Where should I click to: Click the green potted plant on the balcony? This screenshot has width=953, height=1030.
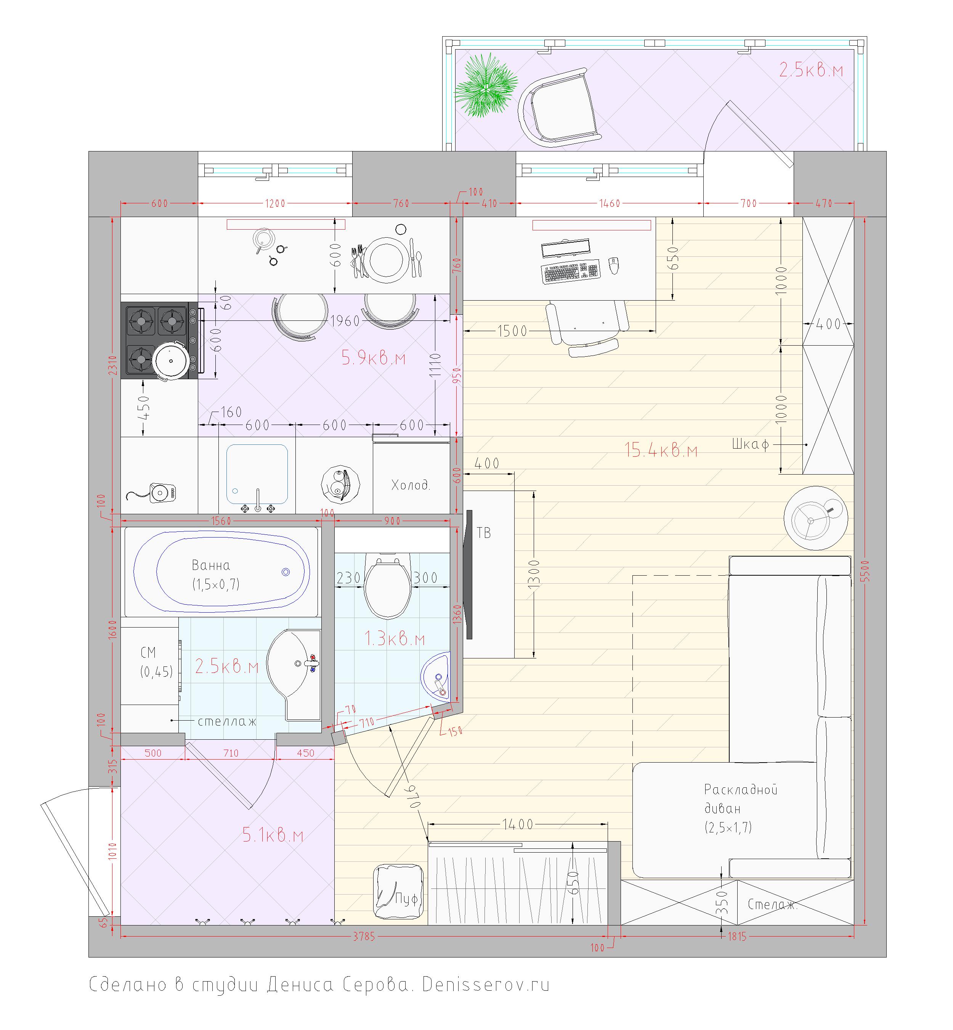486,85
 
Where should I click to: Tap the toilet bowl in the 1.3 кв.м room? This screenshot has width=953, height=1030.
388,585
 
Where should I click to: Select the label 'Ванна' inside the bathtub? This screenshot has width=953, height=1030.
211,566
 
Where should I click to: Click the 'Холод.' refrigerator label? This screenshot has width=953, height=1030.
411,485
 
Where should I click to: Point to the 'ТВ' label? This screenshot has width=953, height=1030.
484,533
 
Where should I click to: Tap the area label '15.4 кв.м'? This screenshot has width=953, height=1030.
661,451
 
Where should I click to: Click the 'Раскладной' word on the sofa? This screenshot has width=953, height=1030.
741,790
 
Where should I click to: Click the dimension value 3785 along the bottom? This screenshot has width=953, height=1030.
364,937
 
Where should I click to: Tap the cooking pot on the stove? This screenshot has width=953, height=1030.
171,361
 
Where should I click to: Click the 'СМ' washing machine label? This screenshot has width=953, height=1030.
148,653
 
